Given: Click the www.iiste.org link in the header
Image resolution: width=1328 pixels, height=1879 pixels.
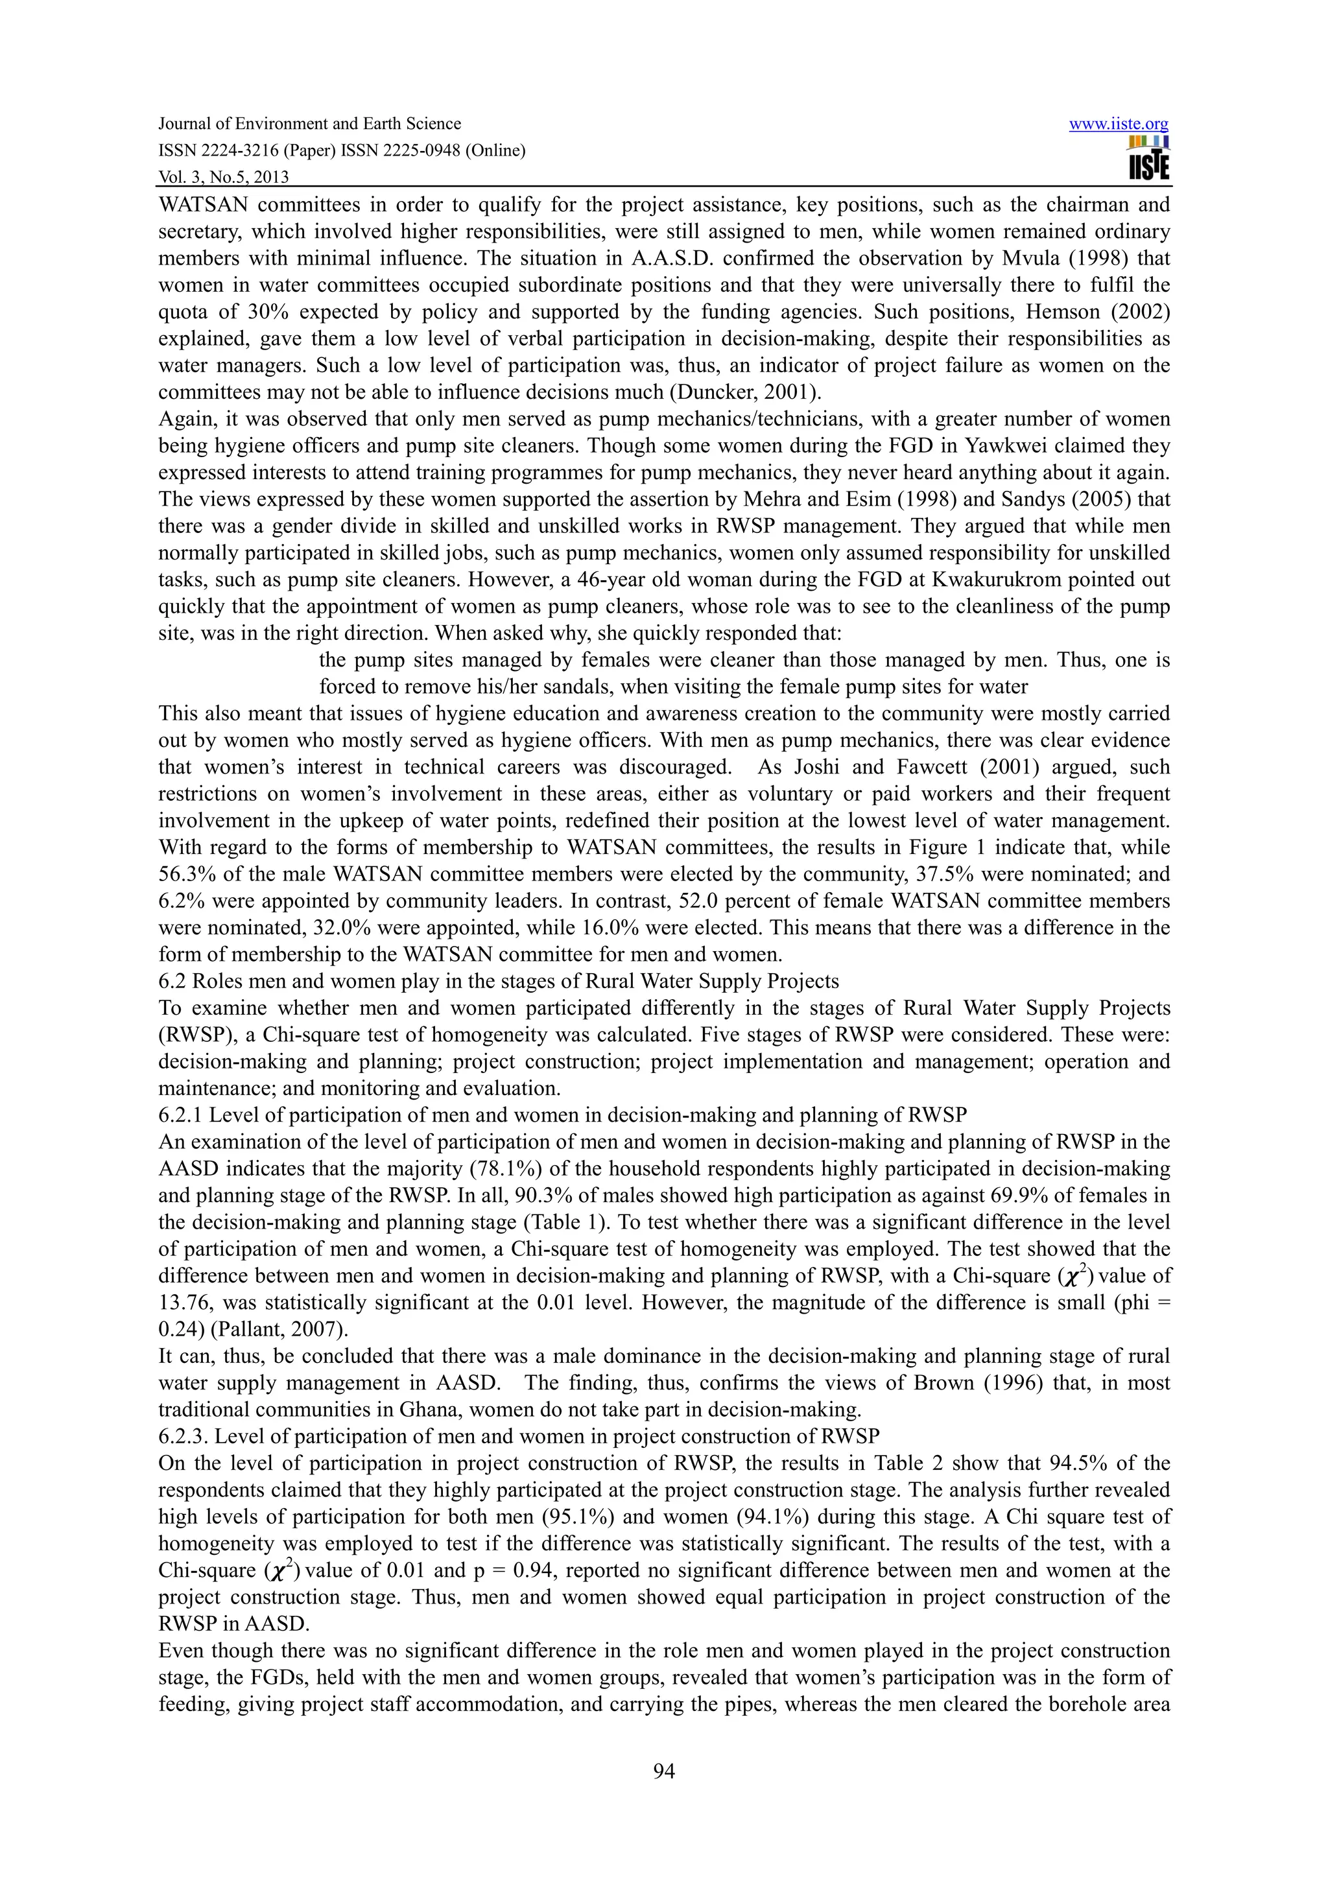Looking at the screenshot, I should (x=1119, y=124).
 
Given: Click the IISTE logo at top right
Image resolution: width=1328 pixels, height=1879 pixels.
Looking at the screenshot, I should (x=1149, y=159).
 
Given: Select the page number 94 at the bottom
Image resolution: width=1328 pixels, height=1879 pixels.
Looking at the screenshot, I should (x=663, y=1772).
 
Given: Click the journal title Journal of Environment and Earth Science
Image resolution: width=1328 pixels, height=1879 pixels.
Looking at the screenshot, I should (x=309, y=124).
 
